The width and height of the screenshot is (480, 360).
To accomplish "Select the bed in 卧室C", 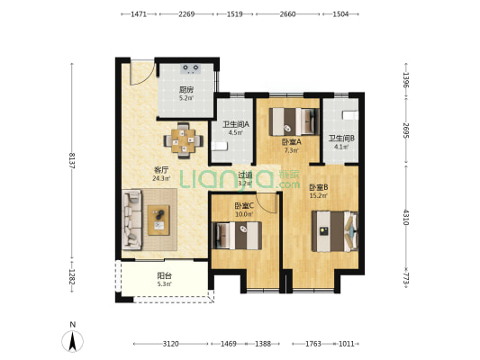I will (x=238, y=236).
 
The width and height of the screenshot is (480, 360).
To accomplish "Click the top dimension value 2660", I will (x=288, y=14).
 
